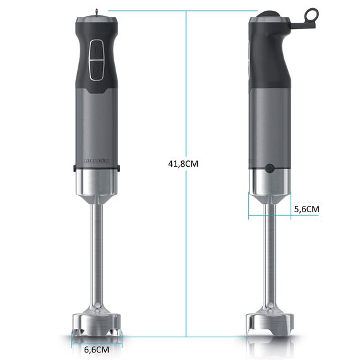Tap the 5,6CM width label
tap(306, 208)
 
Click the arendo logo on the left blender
tap(97, 160)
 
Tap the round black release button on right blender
tap(270, 168)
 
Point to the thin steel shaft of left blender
tap(97, 253)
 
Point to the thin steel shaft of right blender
tap(270, 253)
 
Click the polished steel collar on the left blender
tap(97, 183)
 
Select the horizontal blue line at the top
tap(183, 11)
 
